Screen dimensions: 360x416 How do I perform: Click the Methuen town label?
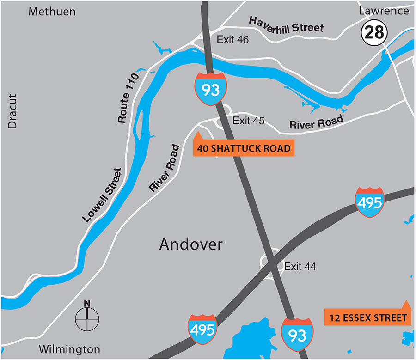pos(52,12)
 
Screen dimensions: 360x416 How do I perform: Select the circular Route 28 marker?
pos(374,32)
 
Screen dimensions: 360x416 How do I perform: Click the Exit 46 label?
pos(233,40)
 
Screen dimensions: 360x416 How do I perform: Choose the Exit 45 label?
pos(248,121)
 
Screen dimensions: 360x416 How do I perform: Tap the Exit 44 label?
pos(300,267)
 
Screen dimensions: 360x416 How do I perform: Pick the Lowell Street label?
pos(103,195)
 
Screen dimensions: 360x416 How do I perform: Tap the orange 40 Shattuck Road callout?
pos(243,148)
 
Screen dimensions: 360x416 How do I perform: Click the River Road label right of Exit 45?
pos(316,122)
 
